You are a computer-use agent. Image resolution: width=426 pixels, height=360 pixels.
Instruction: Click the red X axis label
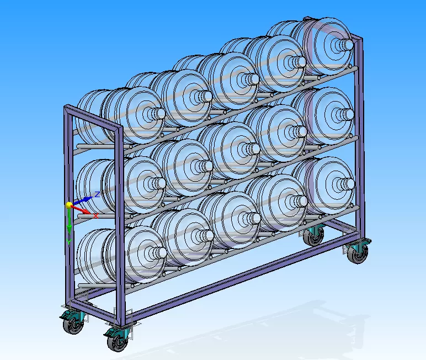click(95, 215)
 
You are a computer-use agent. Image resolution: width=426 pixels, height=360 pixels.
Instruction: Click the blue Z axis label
click(97, 194)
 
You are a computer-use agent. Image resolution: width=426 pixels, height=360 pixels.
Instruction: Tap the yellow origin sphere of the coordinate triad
click(70, 205)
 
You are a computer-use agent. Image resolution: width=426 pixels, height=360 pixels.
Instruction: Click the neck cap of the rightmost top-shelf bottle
click(346, 44)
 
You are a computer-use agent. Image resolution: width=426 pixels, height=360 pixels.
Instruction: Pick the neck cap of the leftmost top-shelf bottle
click(158, 113)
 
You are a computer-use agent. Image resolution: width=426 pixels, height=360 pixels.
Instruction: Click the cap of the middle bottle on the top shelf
click(252, 79)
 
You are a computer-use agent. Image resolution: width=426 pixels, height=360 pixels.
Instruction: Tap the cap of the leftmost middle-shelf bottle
click(158, 182)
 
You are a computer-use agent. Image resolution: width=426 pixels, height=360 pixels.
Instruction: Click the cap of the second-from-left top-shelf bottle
click(206, 96)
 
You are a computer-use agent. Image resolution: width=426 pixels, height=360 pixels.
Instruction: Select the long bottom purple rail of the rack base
click(232, 276)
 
